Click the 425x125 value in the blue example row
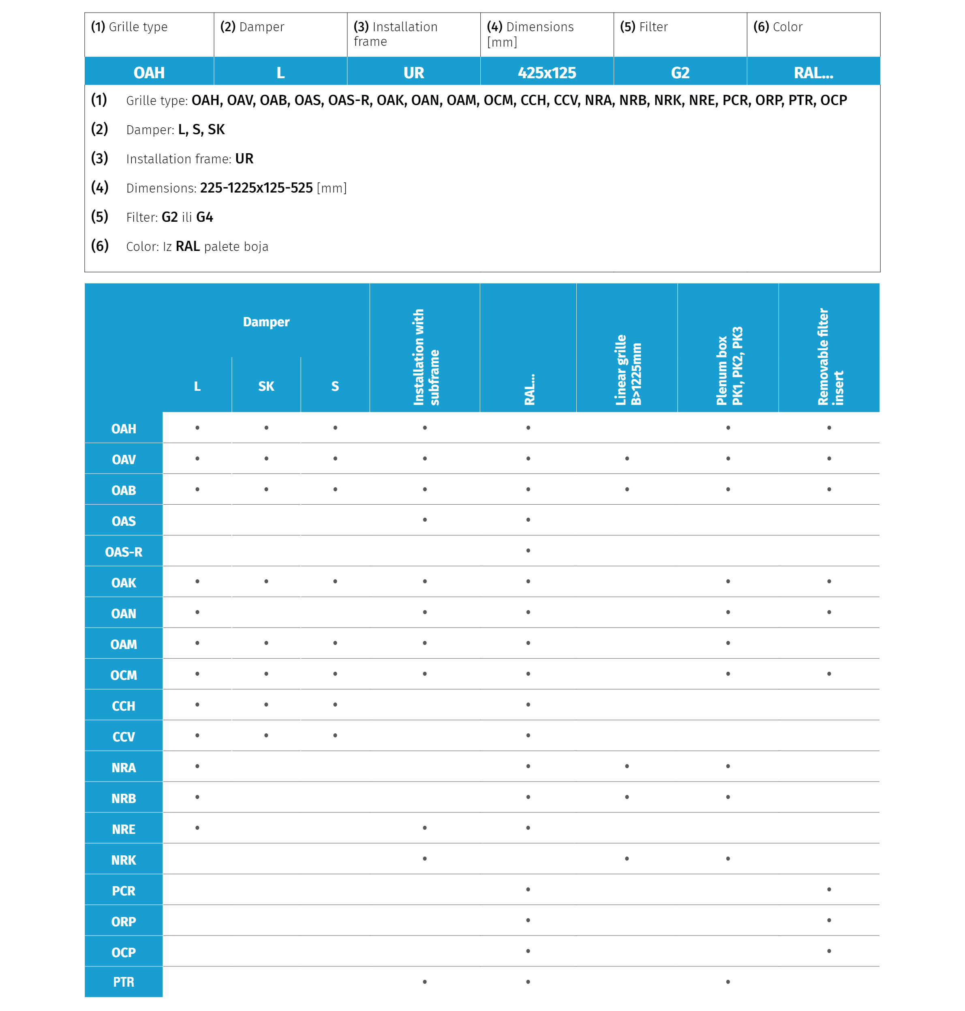coord(546,73)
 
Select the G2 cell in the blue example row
coord(680,73)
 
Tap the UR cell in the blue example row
coord(413,73)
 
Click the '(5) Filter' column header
coord(644,27)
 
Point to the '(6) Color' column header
coord(777,27)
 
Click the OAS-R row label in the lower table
coord(124,552)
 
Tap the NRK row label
coord(124,860)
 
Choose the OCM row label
coord(124,675)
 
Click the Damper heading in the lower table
coord(266,321)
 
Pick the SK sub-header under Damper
coord(266,386)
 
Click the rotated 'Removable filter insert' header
coord(830,357)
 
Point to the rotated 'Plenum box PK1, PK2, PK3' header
coord(729,365)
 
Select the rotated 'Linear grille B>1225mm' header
coord(627,369)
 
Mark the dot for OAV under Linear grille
coord(627,458)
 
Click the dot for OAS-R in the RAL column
coord(528,550)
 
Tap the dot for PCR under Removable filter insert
coord(829,889)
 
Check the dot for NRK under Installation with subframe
coord(424,858)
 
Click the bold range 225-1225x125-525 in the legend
coord(256,188)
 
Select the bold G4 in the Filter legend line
coord(204,217)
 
